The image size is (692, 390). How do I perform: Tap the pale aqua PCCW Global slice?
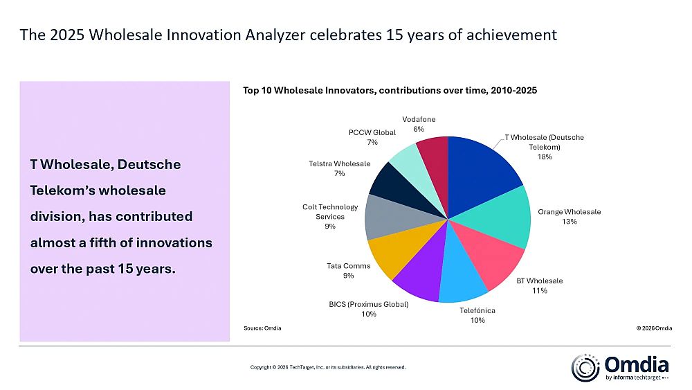pyautogui.click(x=408, y=157)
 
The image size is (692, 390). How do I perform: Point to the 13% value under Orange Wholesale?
pyautogui.click(x=570, y=222)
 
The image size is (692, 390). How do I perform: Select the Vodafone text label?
pyautogui.click(x=419, y=120)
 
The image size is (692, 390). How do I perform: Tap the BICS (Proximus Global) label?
pyautogui.click(x=368, y=304)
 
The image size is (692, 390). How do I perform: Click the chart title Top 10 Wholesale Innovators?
pyautogui.click(x=390, y=90)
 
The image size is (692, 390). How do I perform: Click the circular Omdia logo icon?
pyautogui.click(x=585, y=368)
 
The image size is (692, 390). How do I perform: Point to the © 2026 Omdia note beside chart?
pyautogui.click(x=654, y=327)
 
